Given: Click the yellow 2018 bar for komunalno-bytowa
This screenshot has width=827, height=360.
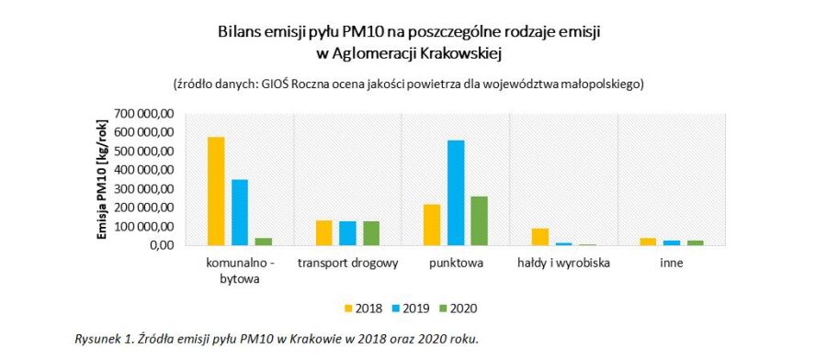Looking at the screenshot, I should [216, 191].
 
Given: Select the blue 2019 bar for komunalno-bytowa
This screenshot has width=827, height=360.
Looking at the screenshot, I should [240, 212].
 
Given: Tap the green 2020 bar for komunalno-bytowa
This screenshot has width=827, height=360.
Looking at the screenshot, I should [264, 242].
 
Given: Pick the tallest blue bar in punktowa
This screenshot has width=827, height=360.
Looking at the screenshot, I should [456, 193].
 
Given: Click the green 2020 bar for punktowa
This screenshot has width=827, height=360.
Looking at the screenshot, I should [480, 220].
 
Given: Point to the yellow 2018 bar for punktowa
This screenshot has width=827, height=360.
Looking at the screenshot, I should [432, 225].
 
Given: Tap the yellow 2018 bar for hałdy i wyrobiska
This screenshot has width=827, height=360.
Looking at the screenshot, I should [540, 237].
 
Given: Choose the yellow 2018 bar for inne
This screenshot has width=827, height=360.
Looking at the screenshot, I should [648, 242].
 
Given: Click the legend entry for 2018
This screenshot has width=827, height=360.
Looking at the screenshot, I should [363, 309].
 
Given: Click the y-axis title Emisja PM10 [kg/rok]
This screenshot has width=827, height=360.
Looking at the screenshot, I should [104, 179].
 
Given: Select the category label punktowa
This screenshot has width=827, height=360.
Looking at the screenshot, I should [455, 264].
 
